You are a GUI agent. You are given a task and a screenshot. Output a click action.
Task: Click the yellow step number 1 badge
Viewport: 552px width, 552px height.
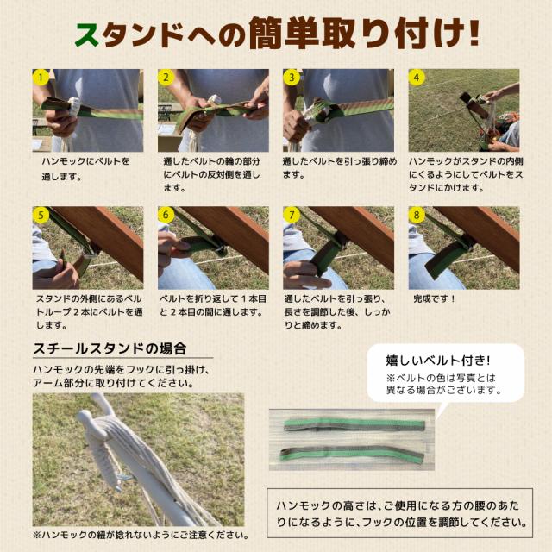pyautogui.click(x=41, y=78)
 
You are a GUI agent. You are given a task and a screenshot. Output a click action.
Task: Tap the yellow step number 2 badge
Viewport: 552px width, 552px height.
pyautogui.click(x=166, y=78)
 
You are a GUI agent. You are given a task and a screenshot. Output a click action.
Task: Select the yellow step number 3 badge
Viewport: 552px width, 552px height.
pyautogui.click(x=292, y=78)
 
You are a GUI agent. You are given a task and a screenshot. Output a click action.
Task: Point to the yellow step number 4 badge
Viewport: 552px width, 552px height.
pyautogui.click(x=417, y=78)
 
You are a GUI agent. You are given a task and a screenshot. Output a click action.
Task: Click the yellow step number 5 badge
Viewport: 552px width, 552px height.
pyautogui.click(x=41, y=215)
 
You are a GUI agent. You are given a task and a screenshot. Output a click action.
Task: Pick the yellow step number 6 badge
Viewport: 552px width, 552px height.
pyautogui.click(x=166, y=215)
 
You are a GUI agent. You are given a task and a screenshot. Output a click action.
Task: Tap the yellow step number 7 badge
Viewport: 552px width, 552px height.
pyautogui.click(x=292, y=215)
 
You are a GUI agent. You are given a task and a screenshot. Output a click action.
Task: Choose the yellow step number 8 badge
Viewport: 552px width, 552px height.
pyautogui.click(x=417, y=215)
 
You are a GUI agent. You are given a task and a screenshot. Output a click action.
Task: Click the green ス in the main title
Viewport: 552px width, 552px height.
pyautogui.click(x=88, y=35)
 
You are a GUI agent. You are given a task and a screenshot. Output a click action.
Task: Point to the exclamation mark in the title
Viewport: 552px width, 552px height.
pyautogui.click(x=474, y=33)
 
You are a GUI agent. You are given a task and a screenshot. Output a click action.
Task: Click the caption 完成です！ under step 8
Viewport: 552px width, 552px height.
pyautogui.click(x=435, y=299)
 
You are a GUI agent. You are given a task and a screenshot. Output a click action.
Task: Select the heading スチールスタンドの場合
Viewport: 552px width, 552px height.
pyautogui.click(x=110, y=348)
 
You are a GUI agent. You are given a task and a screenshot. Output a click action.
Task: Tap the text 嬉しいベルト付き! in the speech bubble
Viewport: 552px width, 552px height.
pyautogui.click(x=438, y=361)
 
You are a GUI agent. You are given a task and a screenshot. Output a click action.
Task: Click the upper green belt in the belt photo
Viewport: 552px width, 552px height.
pyautogui.click(x=354, y=425)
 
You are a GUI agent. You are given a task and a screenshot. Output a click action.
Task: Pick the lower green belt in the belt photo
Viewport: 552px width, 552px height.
pyautogui.click(x=352, y=454)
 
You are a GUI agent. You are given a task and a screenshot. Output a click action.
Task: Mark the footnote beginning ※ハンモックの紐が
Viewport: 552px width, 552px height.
pyautogui.click(x=141, y=536)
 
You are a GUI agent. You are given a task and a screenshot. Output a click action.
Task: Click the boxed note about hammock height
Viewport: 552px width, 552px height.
pyautogui.click(x=399, y=513)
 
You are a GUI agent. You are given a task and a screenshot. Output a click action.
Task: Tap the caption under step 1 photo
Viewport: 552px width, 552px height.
pyautogui.click(x=85, y=169)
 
